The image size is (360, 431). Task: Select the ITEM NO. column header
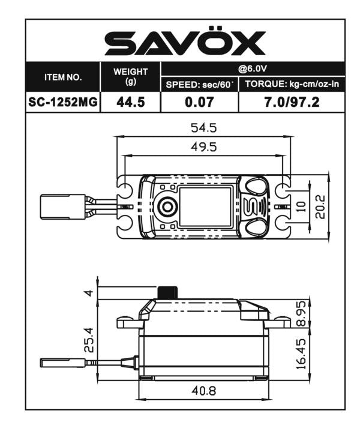tap(63, 78)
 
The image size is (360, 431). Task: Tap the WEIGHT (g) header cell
tap(130, 76)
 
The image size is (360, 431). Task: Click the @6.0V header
tap(253, 68)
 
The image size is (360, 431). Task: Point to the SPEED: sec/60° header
tap(199, 85)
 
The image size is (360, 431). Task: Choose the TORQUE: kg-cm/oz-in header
tap(292, 85)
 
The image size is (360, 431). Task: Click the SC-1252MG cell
tap(63, 102)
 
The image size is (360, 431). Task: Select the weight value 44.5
tap(130, 102)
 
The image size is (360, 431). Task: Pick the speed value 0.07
tap(199, 102)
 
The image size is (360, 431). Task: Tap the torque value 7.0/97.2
tap(292, 102)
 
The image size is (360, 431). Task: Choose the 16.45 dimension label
tap(301, 354)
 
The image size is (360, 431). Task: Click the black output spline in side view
tap(167, 292)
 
